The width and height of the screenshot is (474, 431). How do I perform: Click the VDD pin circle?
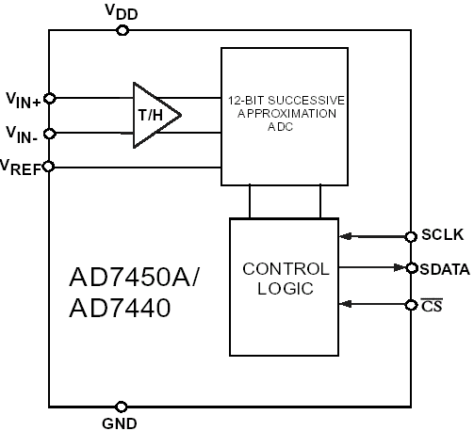[123, 31]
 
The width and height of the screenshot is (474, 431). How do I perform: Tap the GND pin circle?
[122, 407]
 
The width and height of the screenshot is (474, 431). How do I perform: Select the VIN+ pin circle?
[50, 99]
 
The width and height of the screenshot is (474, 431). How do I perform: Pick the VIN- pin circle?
[50, 134]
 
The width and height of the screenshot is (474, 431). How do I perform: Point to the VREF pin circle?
[49, 167]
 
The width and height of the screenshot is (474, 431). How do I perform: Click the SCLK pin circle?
[411, 236]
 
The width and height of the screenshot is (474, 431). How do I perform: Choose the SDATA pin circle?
[411, 268]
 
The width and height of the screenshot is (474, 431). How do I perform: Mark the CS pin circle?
[411, 305]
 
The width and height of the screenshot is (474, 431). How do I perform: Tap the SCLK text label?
[442, 235]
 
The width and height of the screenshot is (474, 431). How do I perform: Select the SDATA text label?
[445, 270]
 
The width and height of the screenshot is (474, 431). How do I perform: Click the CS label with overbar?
[432, 305]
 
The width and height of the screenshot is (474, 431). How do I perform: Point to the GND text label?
[120, 423]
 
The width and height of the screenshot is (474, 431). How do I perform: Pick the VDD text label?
[122, 12]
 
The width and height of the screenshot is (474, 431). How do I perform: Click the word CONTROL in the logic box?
[286, 269]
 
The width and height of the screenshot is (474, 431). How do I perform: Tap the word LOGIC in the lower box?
[286, 289]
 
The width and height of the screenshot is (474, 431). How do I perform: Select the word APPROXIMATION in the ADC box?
[286, 113]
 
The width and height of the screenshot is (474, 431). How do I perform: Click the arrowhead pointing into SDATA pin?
[400, 267]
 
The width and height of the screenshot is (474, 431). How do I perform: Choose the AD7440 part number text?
[120, 308]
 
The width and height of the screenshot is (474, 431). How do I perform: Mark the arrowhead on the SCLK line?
[346, 236]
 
